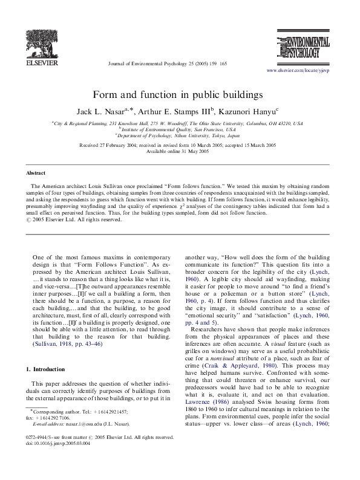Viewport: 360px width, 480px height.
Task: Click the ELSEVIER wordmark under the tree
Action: (x=41, y=62)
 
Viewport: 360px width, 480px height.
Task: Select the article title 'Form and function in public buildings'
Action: (x=178, y=95)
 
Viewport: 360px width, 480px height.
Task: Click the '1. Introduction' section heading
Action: (x=48, y=369)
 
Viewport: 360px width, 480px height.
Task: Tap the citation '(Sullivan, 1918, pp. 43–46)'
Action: (x=68, y=343)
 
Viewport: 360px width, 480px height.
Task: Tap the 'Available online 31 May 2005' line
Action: (x=178, y=152)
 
